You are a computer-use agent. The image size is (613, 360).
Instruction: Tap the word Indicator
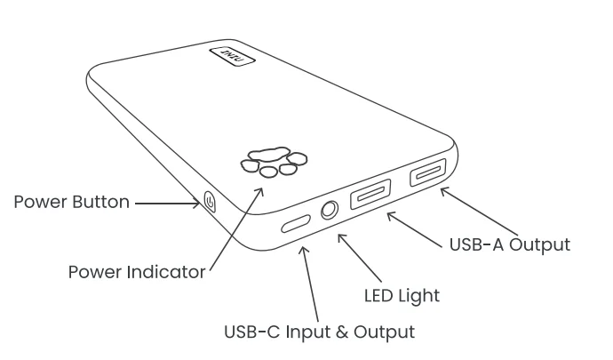point(168,271)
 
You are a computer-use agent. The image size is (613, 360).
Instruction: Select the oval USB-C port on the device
point(296,222)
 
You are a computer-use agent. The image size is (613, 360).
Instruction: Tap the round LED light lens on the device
point(330,210)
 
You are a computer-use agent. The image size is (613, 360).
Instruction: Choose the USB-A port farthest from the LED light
point(428,172)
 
